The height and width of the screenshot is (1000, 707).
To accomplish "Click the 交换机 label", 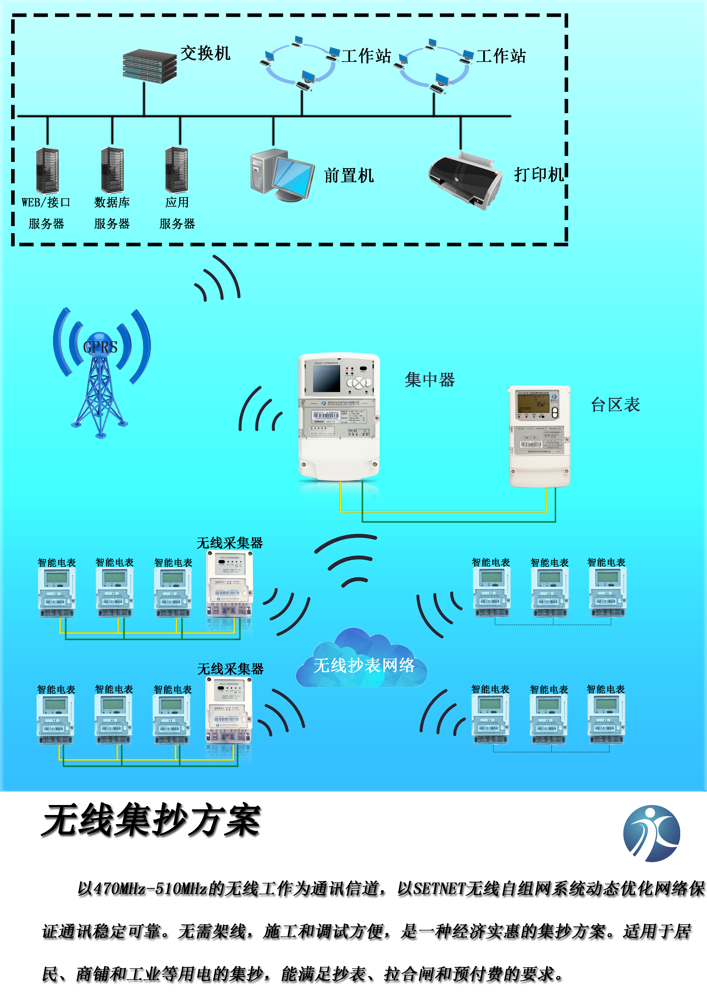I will pos(205,54).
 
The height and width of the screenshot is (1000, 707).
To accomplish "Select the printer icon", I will pos(465,179).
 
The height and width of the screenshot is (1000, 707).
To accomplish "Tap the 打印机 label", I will pos(539,175).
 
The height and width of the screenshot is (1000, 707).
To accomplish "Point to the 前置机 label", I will pos(349,176).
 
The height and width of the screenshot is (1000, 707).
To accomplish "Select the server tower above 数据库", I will pos(112,170).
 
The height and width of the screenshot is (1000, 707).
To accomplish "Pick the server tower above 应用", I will pos(176,170).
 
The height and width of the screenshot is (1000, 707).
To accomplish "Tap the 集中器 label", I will pos(430,380).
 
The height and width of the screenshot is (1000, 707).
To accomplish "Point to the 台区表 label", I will pos(615,405).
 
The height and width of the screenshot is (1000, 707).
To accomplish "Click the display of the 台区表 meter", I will pos(533,405).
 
